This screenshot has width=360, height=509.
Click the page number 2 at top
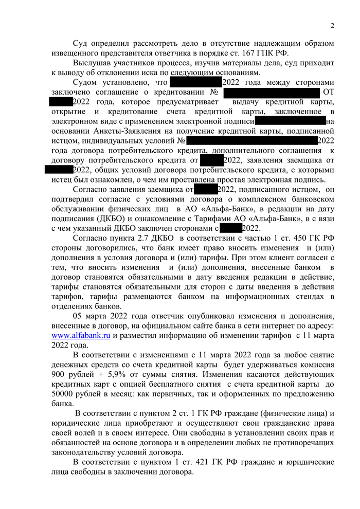coord(332,26)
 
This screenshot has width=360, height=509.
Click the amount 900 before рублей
coord(60,375)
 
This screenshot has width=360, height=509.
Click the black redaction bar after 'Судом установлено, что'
coord(195,82)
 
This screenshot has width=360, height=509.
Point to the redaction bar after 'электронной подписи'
coord(291,121)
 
